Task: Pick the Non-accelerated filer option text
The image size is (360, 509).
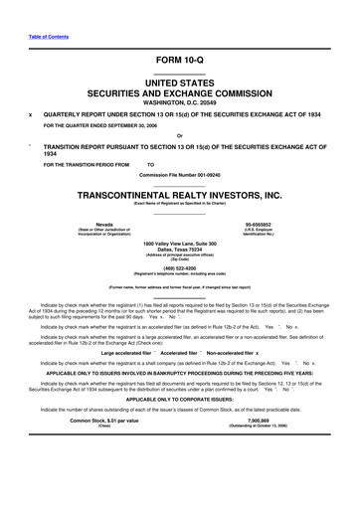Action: click(231, 352)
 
